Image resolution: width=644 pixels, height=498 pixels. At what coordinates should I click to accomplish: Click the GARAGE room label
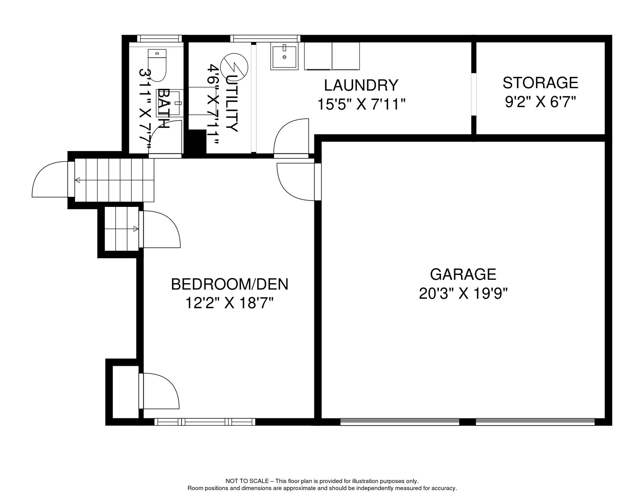pos(463,274)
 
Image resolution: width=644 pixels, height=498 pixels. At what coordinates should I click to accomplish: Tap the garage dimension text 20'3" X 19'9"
pos(463,294)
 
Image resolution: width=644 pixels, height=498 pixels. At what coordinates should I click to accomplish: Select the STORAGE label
pos(540,83)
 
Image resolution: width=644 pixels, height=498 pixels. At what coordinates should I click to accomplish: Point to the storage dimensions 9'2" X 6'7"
pos(540,102)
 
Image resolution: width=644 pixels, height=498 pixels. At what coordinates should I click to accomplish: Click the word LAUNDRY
pos(361,85)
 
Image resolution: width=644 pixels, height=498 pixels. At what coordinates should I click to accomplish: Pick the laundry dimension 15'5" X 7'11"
pos(361,104)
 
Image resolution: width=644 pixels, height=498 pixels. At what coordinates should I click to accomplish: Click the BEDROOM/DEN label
pos(230,284)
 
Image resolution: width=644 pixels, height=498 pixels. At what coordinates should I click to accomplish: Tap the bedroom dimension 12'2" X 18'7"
pos(229,303)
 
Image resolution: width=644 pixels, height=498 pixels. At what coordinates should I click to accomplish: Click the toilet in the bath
pos(157,65)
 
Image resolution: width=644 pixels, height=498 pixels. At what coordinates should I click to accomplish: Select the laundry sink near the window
pos(284,56)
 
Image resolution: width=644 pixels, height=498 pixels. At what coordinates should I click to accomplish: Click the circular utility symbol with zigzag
pos(234,67)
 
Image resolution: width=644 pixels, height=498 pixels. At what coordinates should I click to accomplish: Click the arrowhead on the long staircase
pos(77,180)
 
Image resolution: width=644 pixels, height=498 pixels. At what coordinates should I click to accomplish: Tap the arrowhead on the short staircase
pos(136,229)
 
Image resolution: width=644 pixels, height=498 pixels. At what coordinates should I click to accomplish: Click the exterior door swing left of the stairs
pos(50,179)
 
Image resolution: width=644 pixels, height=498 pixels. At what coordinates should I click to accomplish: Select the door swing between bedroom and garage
pos(295,182)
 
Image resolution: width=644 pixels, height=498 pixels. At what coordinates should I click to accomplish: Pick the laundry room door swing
pos(291,136)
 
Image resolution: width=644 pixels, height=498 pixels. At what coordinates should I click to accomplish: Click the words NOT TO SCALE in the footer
pos(247,481)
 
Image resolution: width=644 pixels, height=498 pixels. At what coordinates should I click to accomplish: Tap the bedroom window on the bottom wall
pos(205,422)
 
